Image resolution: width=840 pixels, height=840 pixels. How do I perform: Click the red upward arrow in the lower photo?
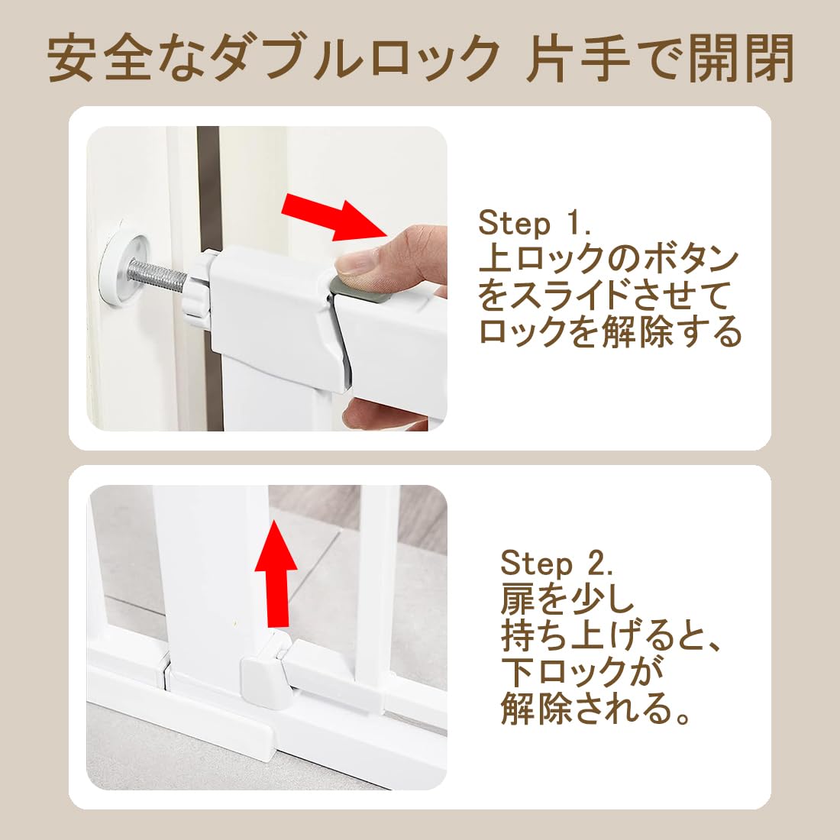pos(276,573)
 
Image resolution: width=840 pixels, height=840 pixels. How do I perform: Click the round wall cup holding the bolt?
pos(120,270)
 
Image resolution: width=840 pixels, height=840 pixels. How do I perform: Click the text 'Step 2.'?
pos(557,564)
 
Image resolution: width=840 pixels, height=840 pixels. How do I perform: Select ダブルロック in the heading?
pos(354,59)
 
